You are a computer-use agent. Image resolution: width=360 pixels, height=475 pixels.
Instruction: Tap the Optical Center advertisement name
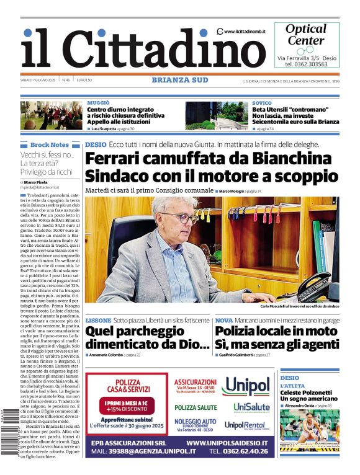[x=305, y=35]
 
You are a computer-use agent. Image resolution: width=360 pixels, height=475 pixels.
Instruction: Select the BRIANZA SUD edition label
[x=179, y=79]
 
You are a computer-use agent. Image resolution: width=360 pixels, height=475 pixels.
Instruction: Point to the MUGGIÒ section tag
[x=99, y=102]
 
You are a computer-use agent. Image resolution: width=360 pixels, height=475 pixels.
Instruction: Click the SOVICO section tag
[x=261, y=102]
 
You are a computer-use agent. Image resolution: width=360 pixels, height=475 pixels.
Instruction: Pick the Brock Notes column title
[x=49, y=145]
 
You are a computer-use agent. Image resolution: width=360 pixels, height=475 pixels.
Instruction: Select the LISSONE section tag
[x=98, y=321]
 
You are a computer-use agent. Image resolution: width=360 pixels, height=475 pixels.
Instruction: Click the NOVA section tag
[x=224, y=321]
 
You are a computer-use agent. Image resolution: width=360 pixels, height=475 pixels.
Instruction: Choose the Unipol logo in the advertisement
[x=246, y=386]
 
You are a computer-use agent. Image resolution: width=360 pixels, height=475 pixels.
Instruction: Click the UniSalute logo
[x=251, y=407]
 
